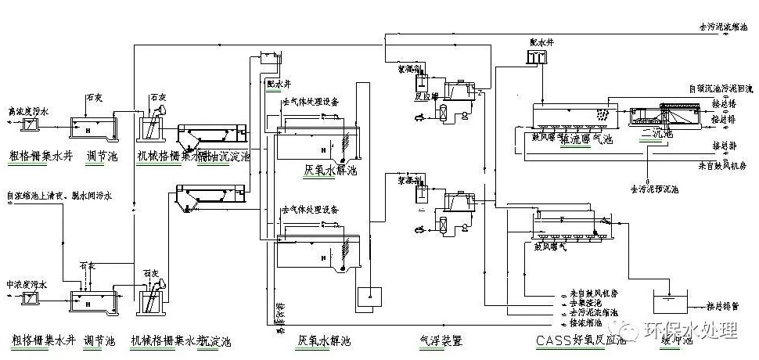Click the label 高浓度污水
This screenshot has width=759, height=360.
[x=27, y=112]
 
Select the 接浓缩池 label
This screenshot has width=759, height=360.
[x=585, y=322]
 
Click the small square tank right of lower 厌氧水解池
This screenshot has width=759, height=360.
[x=368, y=296]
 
